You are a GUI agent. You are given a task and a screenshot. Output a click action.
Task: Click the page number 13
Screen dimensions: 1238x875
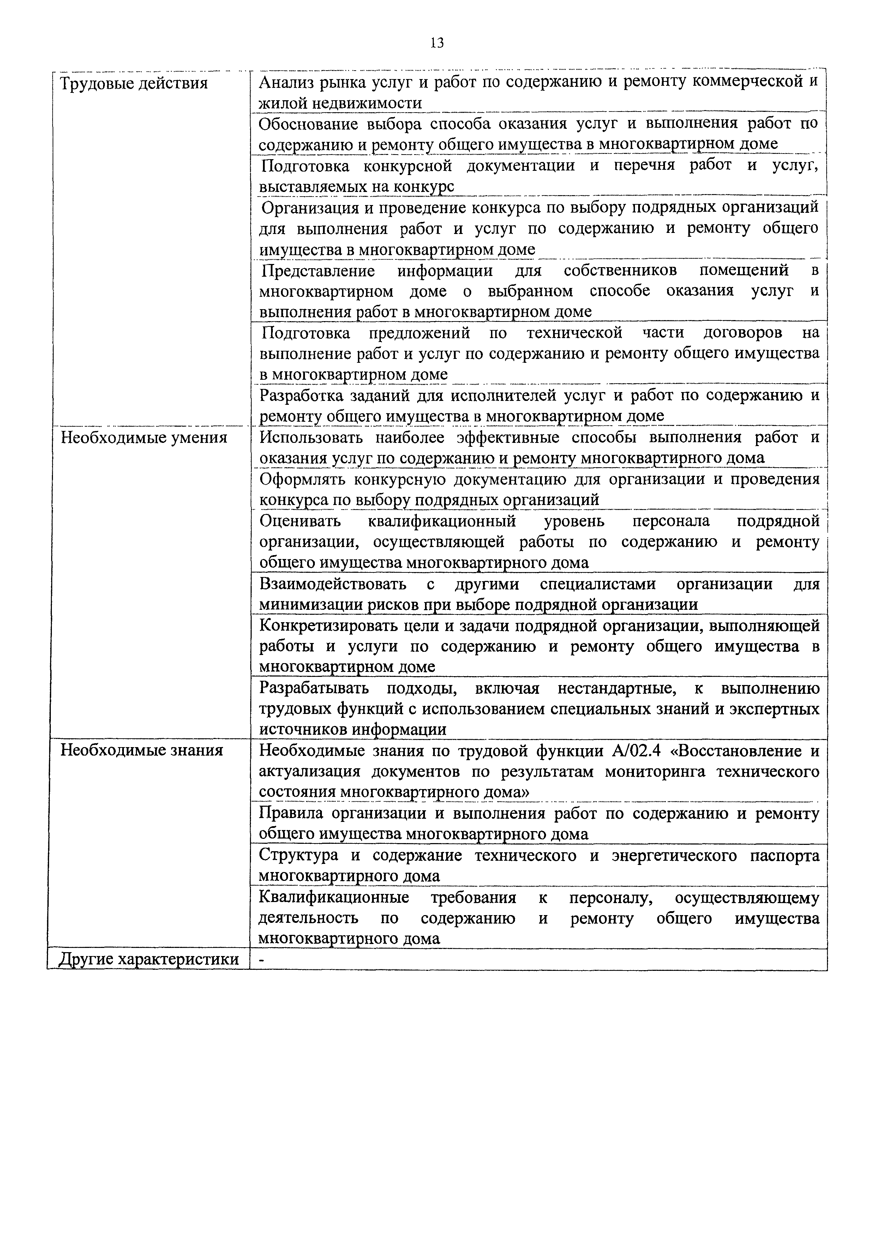pos(437,43)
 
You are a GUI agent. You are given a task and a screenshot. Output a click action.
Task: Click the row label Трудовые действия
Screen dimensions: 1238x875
pos(134,84)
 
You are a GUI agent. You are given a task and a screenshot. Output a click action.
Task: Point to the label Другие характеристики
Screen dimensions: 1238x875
pos(149,959)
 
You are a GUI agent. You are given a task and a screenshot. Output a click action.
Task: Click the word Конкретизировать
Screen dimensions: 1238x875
pos(330,625)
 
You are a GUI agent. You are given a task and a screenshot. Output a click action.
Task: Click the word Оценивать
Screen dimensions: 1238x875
pos(300,521)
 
